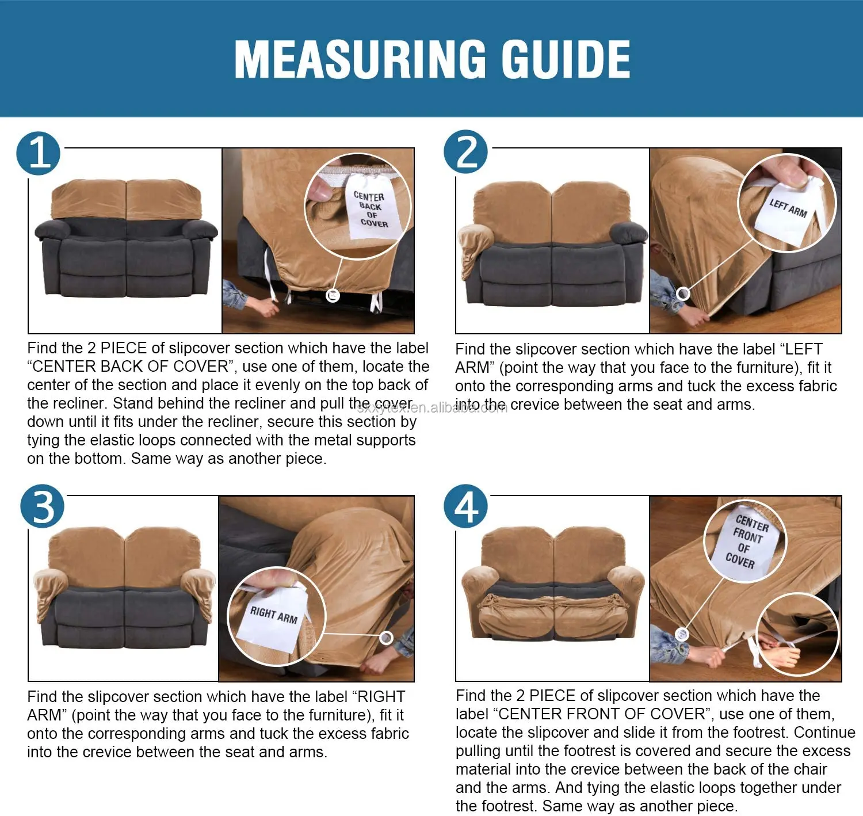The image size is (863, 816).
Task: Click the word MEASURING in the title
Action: pos(360,59)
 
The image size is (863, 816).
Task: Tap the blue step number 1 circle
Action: pos(38,153)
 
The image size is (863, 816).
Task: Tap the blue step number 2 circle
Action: pos(465,151)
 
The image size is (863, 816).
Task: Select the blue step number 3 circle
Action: pos(42,506)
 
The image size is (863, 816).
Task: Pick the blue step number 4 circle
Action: pos(465,506)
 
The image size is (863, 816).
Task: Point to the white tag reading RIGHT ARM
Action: pos(273,617)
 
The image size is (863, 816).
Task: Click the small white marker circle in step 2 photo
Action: pos(682,293)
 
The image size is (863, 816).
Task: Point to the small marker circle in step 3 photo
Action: pos(386,638)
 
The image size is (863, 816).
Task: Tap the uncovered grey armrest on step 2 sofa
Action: pos(628,232)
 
